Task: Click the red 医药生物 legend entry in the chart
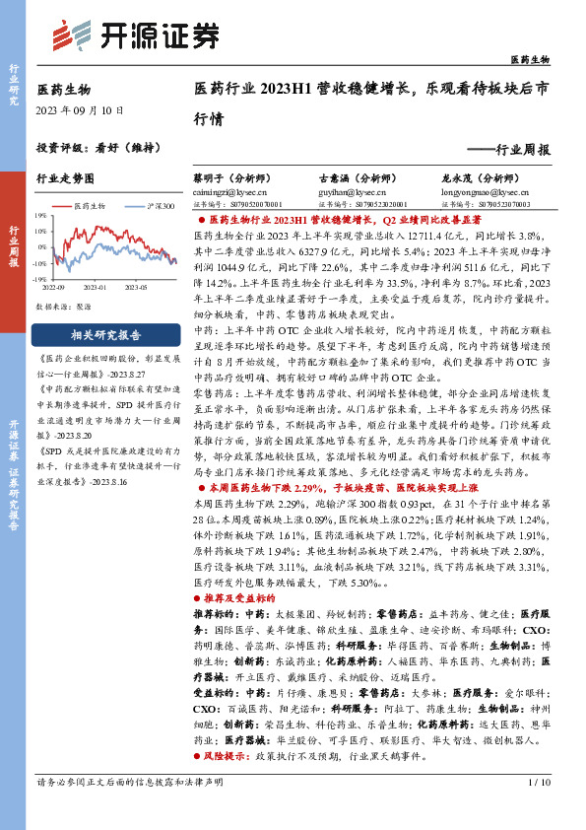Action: coord(92,206)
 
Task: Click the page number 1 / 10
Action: coord(540,810)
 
